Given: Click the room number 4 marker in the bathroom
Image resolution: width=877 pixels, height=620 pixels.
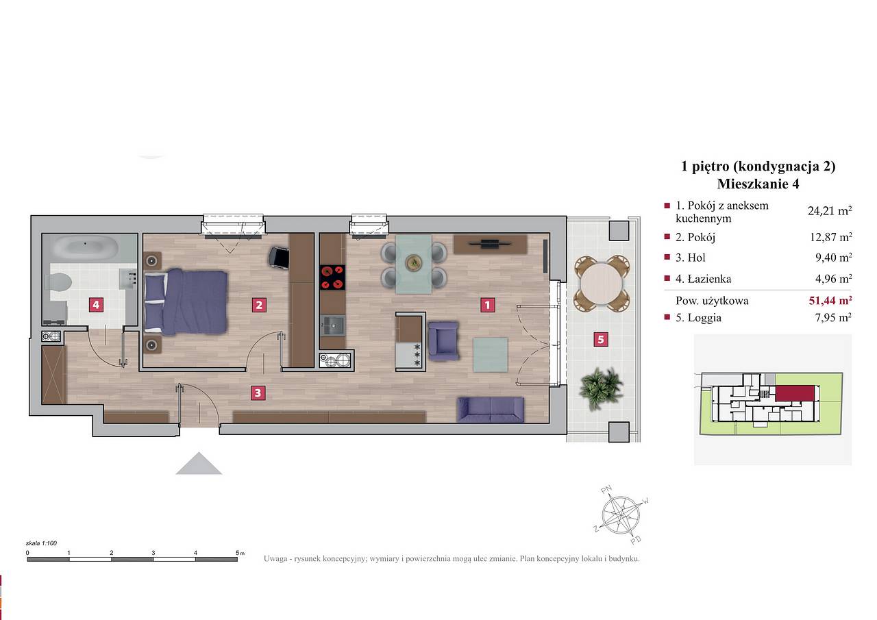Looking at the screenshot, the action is point(96,305).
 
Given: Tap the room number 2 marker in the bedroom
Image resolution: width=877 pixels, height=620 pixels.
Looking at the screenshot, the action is point(259,305).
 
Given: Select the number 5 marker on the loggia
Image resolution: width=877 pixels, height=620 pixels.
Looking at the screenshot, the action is point(601,339).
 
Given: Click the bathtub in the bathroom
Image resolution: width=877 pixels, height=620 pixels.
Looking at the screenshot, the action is point(86,247).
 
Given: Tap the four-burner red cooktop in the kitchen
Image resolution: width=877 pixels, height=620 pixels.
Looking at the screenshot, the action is point(332,277).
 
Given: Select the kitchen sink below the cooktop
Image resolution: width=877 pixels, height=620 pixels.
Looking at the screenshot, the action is point(333,325).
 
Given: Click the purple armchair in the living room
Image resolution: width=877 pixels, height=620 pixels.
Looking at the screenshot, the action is point(443,340).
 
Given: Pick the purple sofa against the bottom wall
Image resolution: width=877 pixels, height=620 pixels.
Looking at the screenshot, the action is point(491,410).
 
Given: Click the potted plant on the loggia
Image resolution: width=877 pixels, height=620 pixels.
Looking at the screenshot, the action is point(600,388).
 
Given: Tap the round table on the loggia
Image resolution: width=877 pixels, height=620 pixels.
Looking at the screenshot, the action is point(602,284).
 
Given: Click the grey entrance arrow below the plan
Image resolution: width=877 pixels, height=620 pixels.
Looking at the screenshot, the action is point(199,463).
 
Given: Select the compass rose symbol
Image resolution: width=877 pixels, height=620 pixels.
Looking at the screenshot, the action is point(621,515).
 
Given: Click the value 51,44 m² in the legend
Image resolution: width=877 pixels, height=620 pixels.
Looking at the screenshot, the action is point(830,300).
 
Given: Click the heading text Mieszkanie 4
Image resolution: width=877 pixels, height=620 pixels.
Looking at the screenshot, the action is point(758,184).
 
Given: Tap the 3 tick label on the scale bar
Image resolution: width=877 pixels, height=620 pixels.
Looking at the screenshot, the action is point(153,553).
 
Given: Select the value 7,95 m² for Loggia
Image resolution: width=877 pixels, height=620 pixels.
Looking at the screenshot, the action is point(833,317).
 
